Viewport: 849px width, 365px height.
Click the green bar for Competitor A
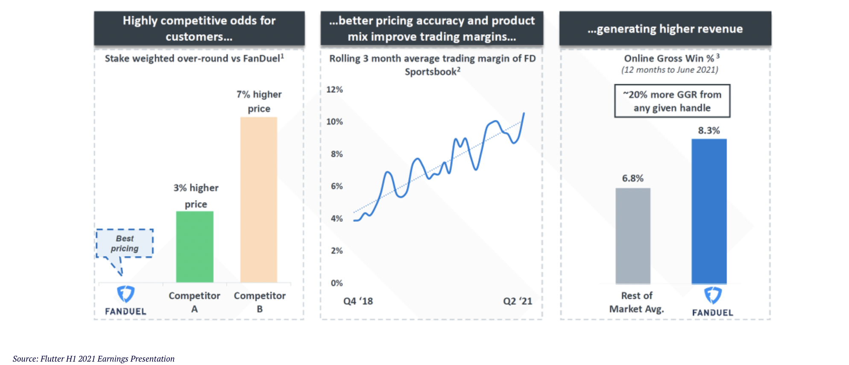[x=195, y=247]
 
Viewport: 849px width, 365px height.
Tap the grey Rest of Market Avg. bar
[x=633, y=235]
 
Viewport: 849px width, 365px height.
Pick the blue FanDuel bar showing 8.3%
[x=709, y=211]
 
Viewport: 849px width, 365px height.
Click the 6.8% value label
[x=632, y=178]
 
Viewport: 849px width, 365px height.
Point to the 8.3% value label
[x=709, y=130]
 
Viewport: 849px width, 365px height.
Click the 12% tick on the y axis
[x=334, y=90]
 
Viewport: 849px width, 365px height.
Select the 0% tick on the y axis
[x=337, y=283]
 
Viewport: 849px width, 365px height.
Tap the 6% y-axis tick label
[x=337, y=186]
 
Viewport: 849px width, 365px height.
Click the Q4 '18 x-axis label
[x=358, y=301]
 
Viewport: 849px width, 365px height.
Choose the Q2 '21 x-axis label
[x=518, y=301]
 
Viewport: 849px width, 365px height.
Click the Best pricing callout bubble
[x=125, y=244]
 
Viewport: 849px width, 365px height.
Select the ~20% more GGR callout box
[x=672, y=101]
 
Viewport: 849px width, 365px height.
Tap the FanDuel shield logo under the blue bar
[x=713, y=295]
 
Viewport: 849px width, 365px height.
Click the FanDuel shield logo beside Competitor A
[x=126, y=294]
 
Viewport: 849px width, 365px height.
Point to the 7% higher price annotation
[x=259, y=101]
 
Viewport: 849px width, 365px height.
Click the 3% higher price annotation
[x=196, y=196]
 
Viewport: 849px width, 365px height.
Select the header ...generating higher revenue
[x=665, y=29]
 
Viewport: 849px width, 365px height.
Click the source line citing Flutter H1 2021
[x=94, y=359]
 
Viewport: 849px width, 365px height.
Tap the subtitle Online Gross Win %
[x=669, y=59]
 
